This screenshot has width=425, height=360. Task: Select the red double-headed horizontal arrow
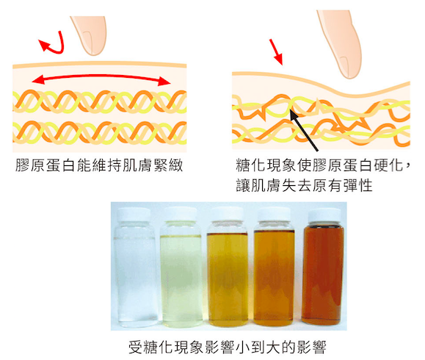coord(101,78)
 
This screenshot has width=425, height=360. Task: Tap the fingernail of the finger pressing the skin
coord(345,66)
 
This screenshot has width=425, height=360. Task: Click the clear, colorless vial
coord(135,267)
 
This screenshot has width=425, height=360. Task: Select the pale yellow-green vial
coord(181,267)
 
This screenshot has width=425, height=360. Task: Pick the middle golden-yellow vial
coord(228,267)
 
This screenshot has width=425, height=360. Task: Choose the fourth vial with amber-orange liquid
coord(274,267)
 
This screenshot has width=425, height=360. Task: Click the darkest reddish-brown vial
coord(323,267)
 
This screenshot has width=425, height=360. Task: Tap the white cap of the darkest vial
coord(324,216)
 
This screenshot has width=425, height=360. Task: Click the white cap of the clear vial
coord(134,215)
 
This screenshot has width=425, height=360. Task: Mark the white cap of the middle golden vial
coord(227,215)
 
